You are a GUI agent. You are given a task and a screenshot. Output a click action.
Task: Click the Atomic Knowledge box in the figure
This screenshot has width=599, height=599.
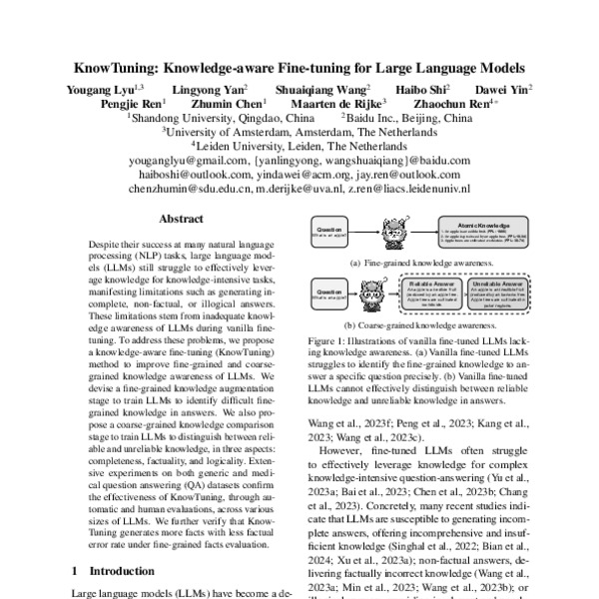tap(475, 235)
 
